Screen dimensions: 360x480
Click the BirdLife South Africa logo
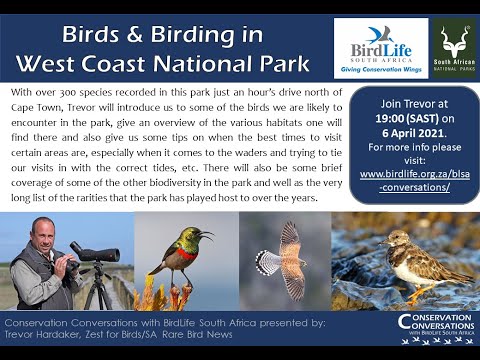pyautogui.click(x=380, y=47)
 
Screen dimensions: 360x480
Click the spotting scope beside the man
pyautogui.click(x=94, y=255)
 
